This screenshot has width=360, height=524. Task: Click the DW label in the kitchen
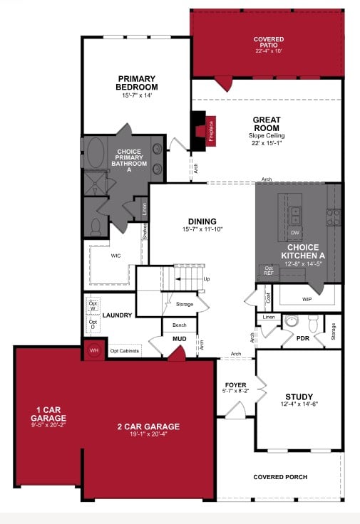294,232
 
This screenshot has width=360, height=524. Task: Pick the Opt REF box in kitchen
268,271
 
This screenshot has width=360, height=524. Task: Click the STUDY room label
299,397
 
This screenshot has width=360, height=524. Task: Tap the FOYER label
235,385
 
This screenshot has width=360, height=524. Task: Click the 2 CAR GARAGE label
148,426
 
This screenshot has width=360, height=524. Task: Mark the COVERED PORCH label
280,476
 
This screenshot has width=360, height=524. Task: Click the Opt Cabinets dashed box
125,350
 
